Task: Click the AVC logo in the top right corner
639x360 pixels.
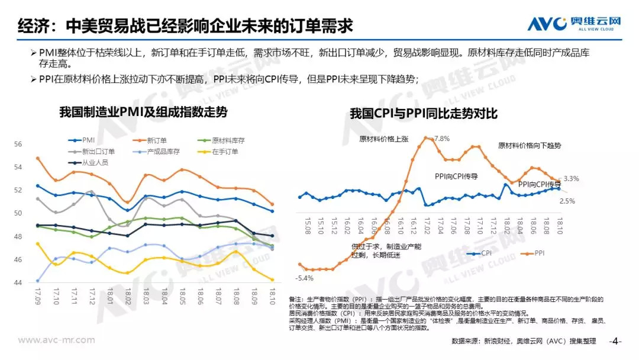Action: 574,24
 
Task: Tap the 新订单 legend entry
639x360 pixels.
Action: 156,140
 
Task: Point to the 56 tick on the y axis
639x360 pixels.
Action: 18,144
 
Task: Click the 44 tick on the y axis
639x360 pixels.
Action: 18,282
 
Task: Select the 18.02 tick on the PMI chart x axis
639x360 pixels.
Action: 127,295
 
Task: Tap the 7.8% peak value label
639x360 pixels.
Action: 441,139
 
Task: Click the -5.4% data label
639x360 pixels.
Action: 305,278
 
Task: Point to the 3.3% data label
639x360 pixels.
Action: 571,178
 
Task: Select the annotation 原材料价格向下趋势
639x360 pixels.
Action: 529,145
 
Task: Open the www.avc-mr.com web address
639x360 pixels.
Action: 57,340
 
